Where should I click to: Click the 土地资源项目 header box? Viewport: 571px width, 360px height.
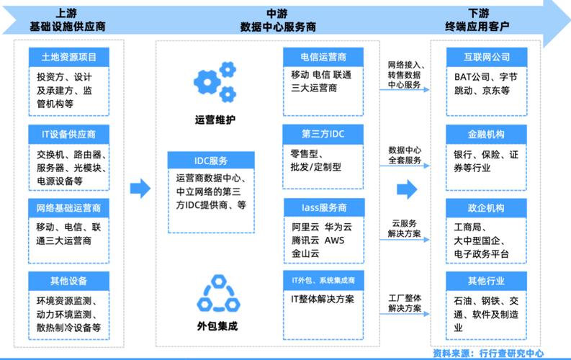coord(68,56)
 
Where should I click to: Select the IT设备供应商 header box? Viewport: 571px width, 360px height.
coord(68,134)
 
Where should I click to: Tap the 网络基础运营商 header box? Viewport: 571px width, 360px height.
coord(68,208)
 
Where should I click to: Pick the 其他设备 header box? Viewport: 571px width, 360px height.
coord(68,280)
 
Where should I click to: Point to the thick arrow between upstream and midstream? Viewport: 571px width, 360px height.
coord(140,189)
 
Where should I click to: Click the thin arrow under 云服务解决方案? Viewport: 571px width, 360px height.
coord(408,240)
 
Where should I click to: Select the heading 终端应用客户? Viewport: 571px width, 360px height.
coord(477,26)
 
